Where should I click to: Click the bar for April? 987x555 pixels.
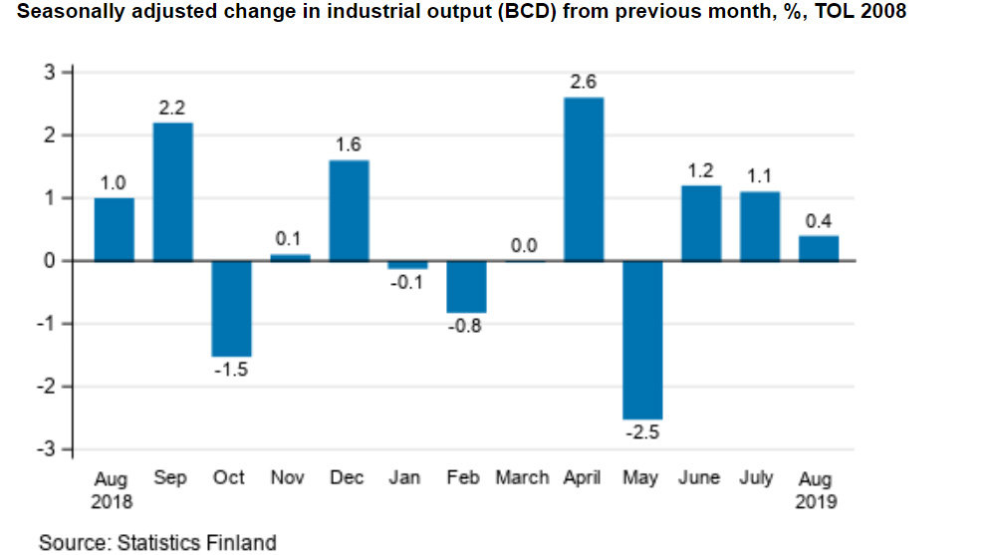(583, 179)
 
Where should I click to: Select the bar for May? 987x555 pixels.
(641, 340)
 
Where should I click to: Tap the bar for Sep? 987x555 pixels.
(172, 192)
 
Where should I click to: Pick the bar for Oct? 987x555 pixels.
(231, 308)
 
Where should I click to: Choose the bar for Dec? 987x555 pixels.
(349, 210)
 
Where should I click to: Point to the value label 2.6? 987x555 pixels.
(583, 82)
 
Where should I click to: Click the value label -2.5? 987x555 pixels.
(641, 433)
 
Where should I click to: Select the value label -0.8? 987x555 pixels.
(465, 326)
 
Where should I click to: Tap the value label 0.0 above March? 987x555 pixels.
(524, 244)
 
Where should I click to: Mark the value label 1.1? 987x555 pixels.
(759, 175)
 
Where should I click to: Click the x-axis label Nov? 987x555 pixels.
(288, 478)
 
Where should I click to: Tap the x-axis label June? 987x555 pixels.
(699, 478)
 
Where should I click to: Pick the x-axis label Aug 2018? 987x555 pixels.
(112, 490)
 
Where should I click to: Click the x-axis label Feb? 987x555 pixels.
(464, 478)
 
